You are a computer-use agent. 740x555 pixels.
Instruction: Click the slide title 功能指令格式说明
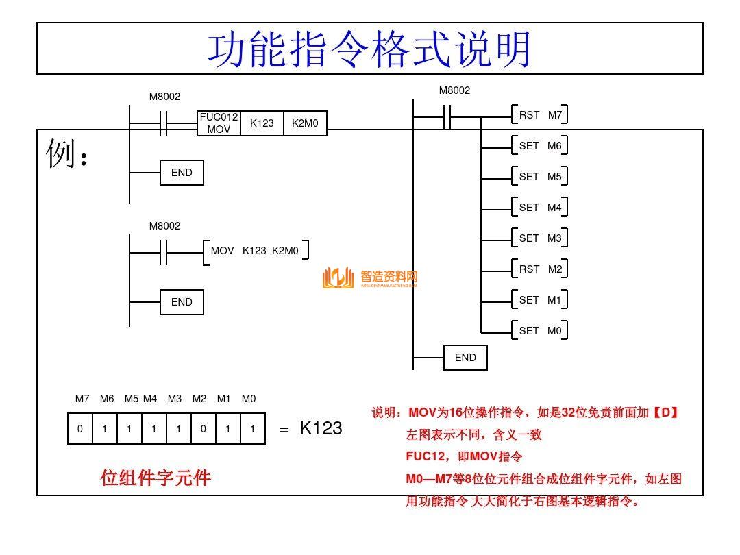(x=369, y=49)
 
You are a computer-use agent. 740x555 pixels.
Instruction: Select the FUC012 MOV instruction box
(x=219, y=123)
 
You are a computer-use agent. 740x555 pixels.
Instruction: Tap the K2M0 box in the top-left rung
(x=305, y=123)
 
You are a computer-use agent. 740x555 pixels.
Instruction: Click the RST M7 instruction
(x=540, y=115)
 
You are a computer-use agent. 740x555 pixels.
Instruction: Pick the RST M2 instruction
(x=540, y=269)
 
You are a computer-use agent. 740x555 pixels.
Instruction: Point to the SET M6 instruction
(x=540, y=146)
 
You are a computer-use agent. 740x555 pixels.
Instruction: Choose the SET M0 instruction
(x=540, y=331)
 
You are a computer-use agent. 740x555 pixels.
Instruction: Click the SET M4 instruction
(x=540, y=208)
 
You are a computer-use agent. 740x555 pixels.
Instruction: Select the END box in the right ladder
(x=465, y=358)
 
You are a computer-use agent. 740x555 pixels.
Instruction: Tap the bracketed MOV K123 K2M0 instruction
(x=256, y=251)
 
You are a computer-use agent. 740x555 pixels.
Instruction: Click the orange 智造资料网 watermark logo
(x=370, y=277)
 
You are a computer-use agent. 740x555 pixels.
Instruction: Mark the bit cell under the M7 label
(x=80, y=429)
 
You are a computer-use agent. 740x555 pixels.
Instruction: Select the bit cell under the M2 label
(x=203, y=429)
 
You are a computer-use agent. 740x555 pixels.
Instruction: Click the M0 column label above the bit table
(x=249, y=399)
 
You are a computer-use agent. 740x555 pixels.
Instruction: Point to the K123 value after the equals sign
(x=321, y=428)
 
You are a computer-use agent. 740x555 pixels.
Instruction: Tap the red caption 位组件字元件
(x=156, y=478)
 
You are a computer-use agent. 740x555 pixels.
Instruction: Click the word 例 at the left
(x=60, y=153)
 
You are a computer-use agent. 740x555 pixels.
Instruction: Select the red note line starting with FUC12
(x=464, y=456)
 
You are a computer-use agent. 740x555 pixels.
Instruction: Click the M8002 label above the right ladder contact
(x=454, y=90)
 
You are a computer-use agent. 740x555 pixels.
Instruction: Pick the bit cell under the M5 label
(x=129, y=429)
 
